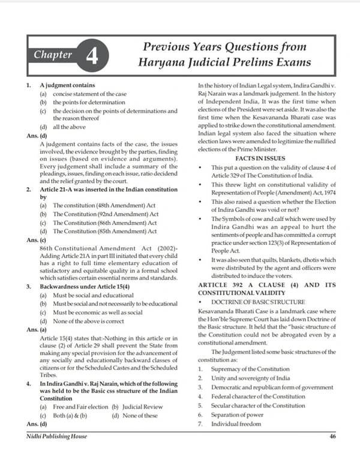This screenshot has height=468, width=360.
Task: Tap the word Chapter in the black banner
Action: tap(53, 55)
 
